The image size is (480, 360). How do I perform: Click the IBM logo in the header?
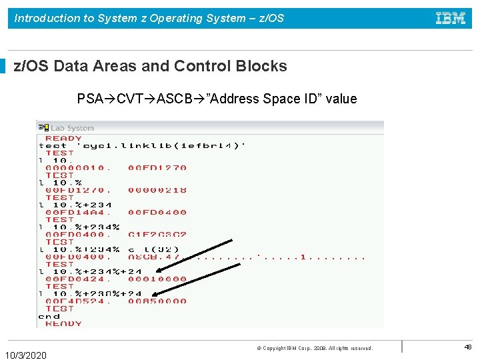pyautogui.click(x=451, y=19)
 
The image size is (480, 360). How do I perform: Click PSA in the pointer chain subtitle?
pyautogui.click(x=90, y=99)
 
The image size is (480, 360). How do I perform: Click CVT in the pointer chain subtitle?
pyautogui.click(x=131, y=99)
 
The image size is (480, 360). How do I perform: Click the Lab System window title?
pyautogui.click(x=73, y=127)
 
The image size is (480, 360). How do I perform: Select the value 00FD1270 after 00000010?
pyautogui.click(x=157, y=168)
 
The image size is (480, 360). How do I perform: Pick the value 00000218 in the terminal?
pyautogui.click(x=157, y=190)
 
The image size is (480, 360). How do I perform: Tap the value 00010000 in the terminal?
pyautogui.click(x=157, y=279)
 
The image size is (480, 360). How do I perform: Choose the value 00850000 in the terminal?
pyautogui.click(x=157, y=301)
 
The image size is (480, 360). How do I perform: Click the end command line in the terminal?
pyautogui.click(x=49, y=316)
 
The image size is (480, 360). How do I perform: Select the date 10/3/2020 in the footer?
pyautogui.click(x=26, y=355)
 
